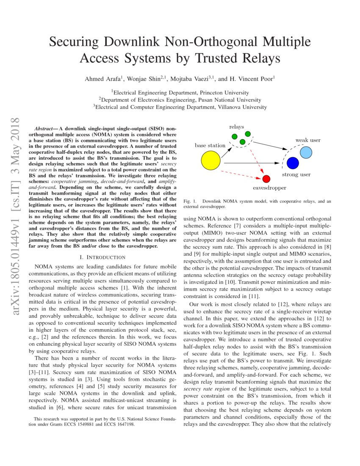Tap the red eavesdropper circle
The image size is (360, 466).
click(x=266, y=179)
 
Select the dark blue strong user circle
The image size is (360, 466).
click(x=293, y=163)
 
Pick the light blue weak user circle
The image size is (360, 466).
click(x=306, y=152)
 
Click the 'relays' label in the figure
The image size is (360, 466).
click(x=236, y=127)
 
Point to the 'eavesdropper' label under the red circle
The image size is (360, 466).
click(x=269, y=188)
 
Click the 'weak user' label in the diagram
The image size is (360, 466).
click(x=308, y=140)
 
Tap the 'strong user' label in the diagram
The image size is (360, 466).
click(x=296, y=175)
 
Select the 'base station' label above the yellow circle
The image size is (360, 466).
click(x=210, y=145)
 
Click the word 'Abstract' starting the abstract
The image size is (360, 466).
click(x=43, y=128)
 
